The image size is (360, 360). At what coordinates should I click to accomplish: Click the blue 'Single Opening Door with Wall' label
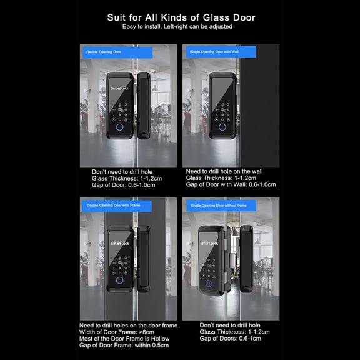tap(213, 52)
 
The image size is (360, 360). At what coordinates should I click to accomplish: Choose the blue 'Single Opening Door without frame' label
tap(214, 206)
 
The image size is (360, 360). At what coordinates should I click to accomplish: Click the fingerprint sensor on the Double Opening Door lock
tap(119, 128)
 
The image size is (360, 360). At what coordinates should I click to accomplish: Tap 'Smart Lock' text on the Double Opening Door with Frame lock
tap(120, 243)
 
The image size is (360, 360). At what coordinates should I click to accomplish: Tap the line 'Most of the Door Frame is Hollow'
tap(124, 339)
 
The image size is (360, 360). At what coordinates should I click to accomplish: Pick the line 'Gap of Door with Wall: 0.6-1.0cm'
tap(231, 184)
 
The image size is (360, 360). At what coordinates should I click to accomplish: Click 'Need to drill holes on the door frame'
tap(128, 326)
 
